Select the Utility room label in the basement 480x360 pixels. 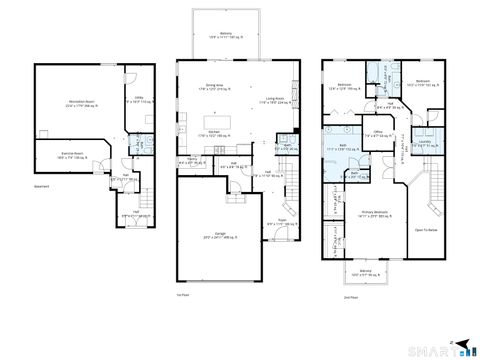pyautogui.click(x=138, y=97)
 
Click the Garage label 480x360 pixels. pyautogui.click(x=207, y=235)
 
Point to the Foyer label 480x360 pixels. pyautogui.click(x=282, y=222)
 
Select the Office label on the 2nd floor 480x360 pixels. pyautogui.click(x=378, y=131)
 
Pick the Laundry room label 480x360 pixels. pyautogui.click(x=424, y=140)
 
